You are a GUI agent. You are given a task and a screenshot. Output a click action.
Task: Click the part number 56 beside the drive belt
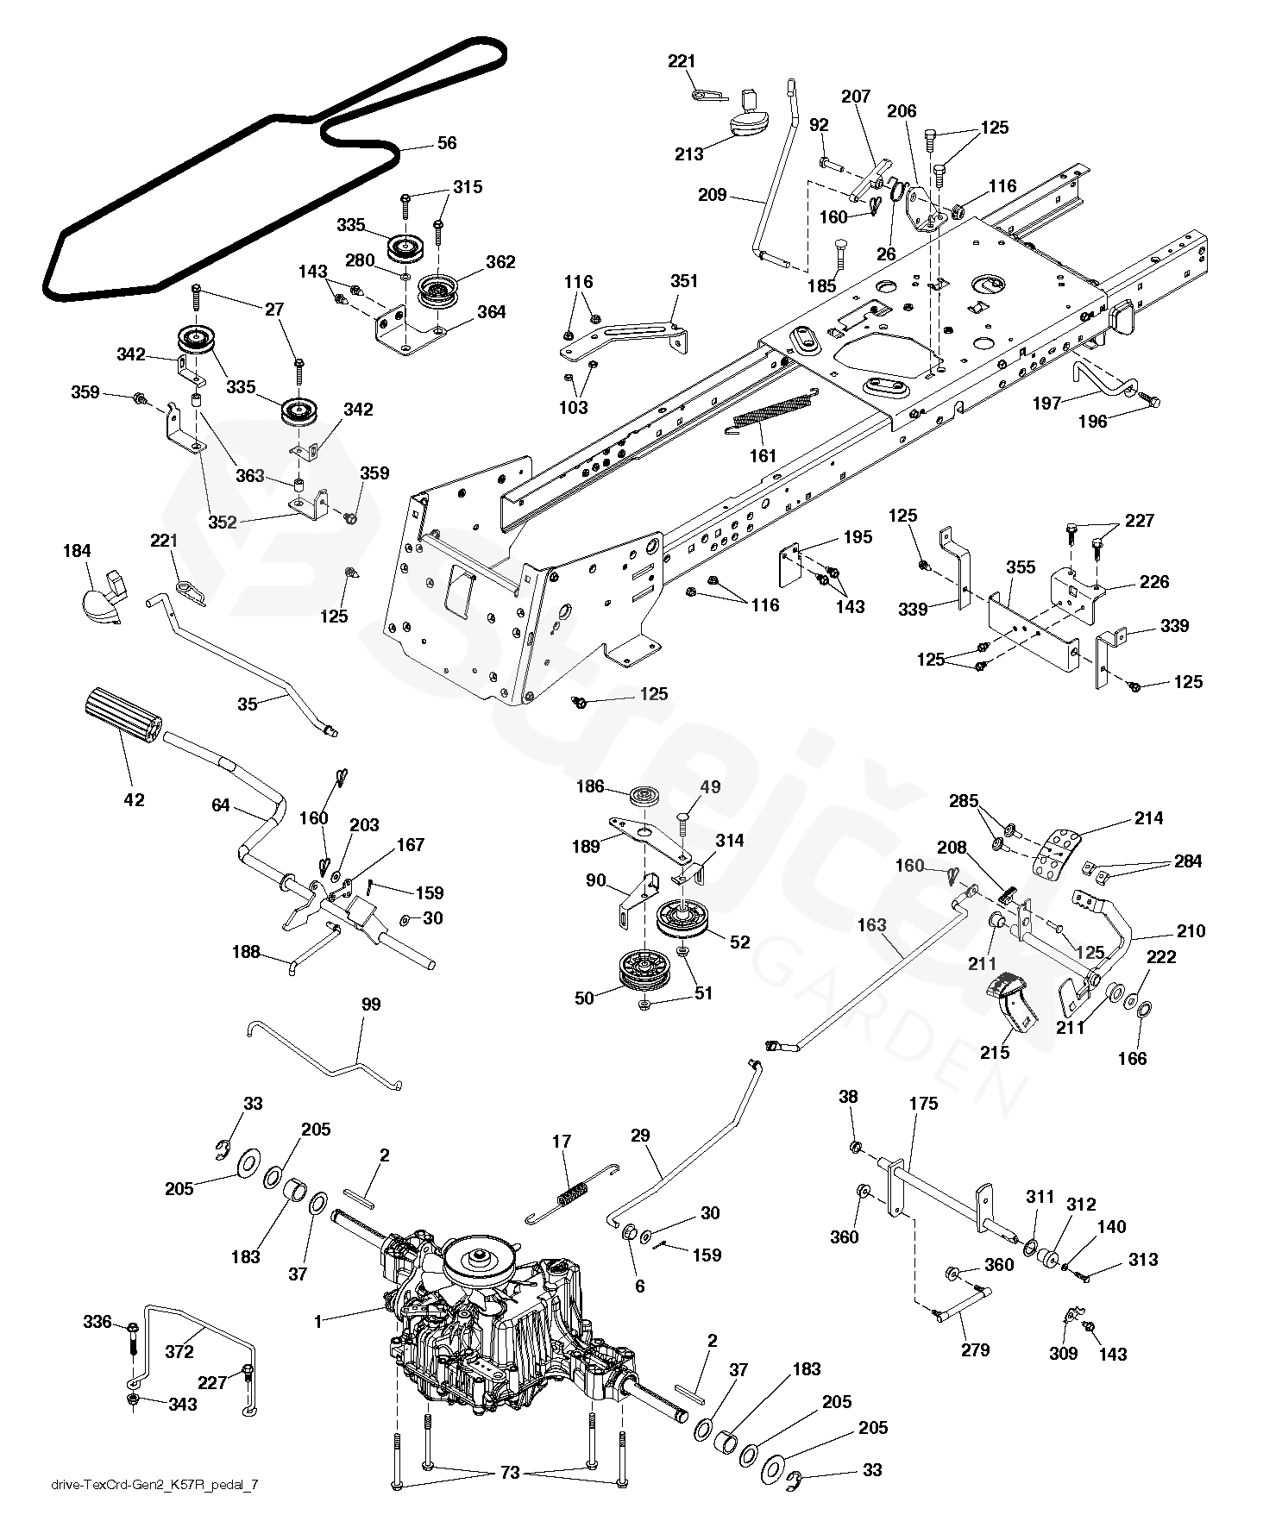tap(447, 143)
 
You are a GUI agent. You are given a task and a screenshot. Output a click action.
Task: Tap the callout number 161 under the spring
tap(763, 455)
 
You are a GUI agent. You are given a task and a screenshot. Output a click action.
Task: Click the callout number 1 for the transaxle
tap(317, 1320)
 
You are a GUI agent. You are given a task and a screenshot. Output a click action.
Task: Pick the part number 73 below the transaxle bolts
tap(510, 1473)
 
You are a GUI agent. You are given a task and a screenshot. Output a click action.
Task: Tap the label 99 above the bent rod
tap(371, 1005)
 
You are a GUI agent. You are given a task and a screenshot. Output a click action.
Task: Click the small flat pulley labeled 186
tap(644, 797)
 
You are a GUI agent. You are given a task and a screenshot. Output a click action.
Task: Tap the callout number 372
tap(179, 1352)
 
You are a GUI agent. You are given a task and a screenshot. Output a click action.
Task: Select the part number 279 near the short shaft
tap(975, 1349)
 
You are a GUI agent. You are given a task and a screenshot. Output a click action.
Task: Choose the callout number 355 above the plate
tap(1021, 567)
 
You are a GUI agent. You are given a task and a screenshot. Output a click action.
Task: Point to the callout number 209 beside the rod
tap(713, 195)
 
